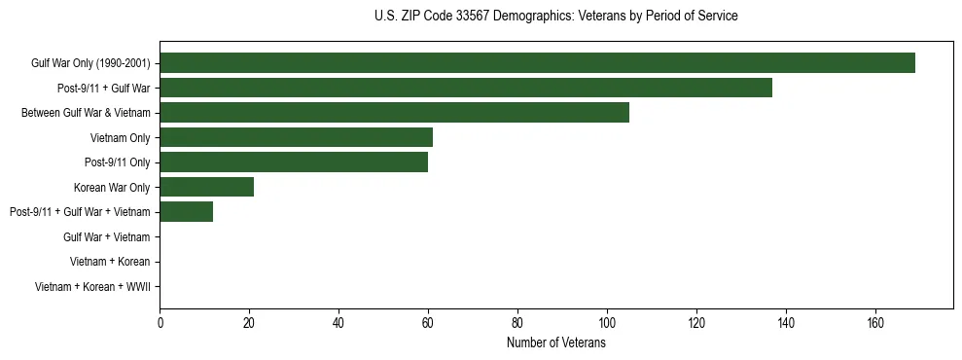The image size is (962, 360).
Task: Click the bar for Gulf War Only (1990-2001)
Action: (x=537, y=62)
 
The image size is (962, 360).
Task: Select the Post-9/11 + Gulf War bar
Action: (x=466, y=88)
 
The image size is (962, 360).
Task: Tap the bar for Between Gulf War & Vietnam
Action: (x=394, y=113)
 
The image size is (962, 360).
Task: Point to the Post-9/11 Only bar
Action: (x=294, y=162)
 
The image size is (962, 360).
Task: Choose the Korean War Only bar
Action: (x=206, y=187)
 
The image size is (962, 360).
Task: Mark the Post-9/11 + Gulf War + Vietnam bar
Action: (x=186, y=212)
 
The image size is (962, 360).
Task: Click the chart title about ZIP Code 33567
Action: (x=555, y=17)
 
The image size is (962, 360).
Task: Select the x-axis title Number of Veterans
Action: (x=555, y=342)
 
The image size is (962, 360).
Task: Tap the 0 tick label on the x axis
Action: (x=160, y=321)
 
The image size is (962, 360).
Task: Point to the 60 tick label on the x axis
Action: (x=428, y=321)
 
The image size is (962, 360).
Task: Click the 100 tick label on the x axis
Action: (x=607, y=321)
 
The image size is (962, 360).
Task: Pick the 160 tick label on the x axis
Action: (x=875, y=321)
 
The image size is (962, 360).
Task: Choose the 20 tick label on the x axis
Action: (x=249, y=321)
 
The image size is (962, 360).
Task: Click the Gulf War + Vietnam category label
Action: (x=106, y=237)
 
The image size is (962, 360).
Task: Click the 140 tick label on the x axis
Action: (x=786, y=321)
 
